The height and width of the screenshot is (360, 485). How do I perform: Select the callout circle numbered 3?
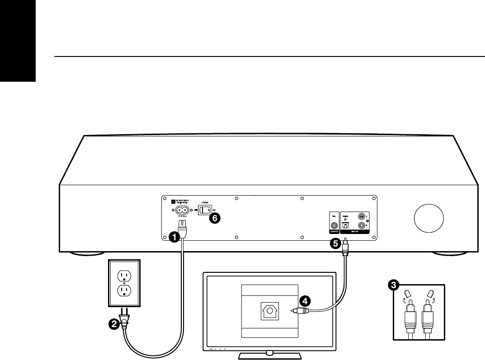(x=394, y=285)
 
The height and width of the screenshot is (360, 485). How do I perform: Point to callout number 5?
(x=335, y=243)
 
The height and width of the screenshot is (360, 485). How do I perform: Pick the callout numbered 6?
(x=216, y=218)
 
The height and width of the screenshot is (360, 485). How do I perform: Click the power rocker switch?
(x=205, y=210)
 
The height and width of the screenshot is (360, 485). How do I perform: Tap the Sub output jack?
(x=334, y=225)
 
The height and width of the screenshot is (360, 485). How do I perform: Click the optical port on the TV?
(x=270, y=310)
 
